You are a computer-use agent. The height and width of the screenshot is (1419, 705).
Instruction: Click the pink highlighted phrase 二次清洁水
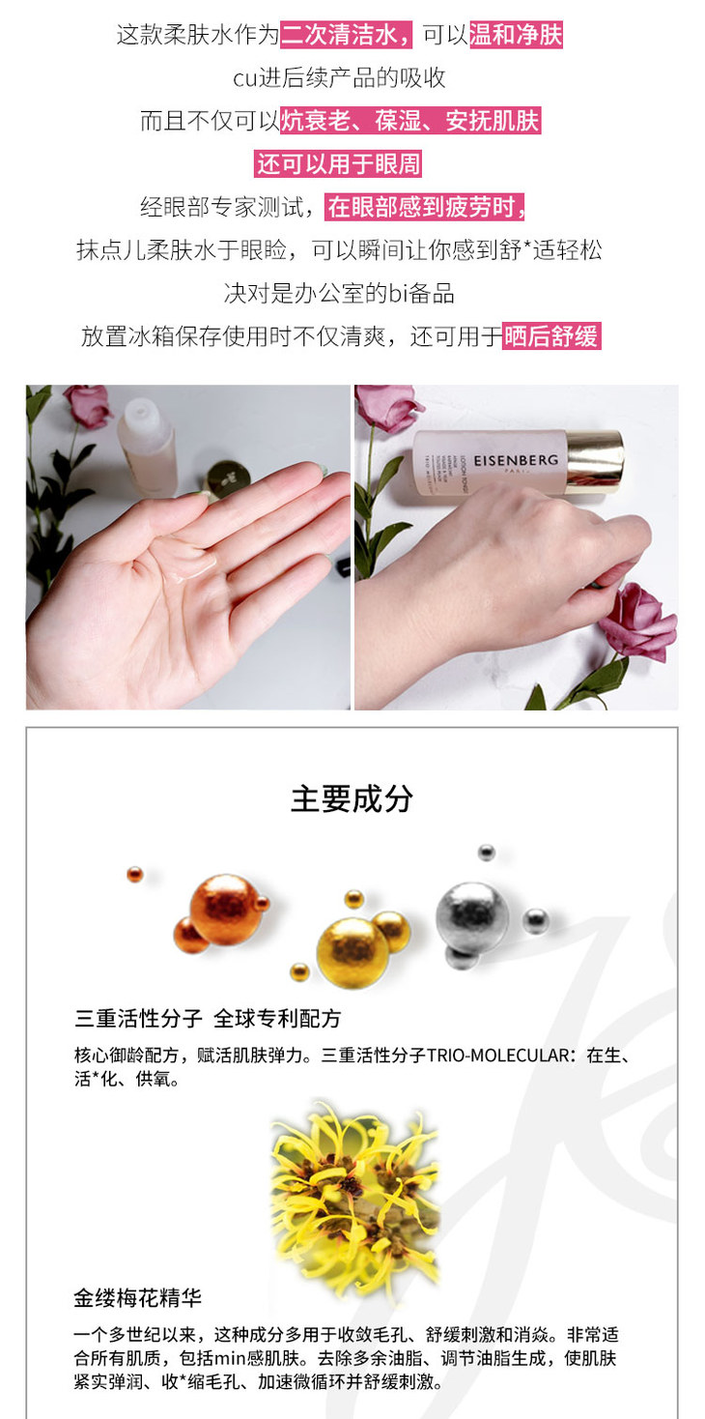[346, 35]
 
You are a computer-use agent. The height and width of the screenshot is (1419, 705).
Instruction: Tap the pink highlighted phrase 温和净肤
[516, 35]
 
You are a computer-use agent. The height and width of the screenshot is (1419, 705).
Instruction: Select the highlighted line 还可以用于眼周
[338, 164]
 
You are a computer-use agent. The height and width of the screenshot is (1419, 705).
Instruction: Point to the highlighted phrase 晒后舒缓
[551, 335]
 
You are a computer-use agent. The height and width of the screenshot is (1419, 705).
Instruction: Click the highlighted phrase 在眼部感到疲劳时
[425, 207]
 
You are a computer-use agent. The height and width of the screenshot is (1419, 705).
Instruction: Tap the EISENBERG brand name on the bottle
[516, 460]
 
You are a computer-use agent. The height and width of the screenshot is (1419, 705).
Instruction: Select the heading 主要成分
[352, 798]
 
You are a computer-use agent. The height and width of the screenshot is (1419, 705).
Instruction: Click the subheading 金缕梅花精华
[137, 1297]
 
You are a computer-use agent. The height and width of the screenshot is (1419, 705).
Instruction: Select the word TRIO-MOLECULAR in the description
[498, 1056]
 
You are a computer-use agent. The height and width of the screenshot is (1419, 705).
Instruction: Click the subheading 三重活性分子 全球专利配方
[208, 1018]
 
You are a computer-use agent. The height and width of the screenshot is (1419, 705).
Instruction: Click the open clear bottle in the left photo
[148, 447]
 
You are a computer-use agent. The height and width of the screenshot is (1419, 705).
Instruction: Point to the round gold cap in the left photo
[226, 480]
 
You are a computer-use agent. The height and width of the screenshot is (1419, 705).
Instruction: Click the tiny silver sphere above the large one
[486, 852]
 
